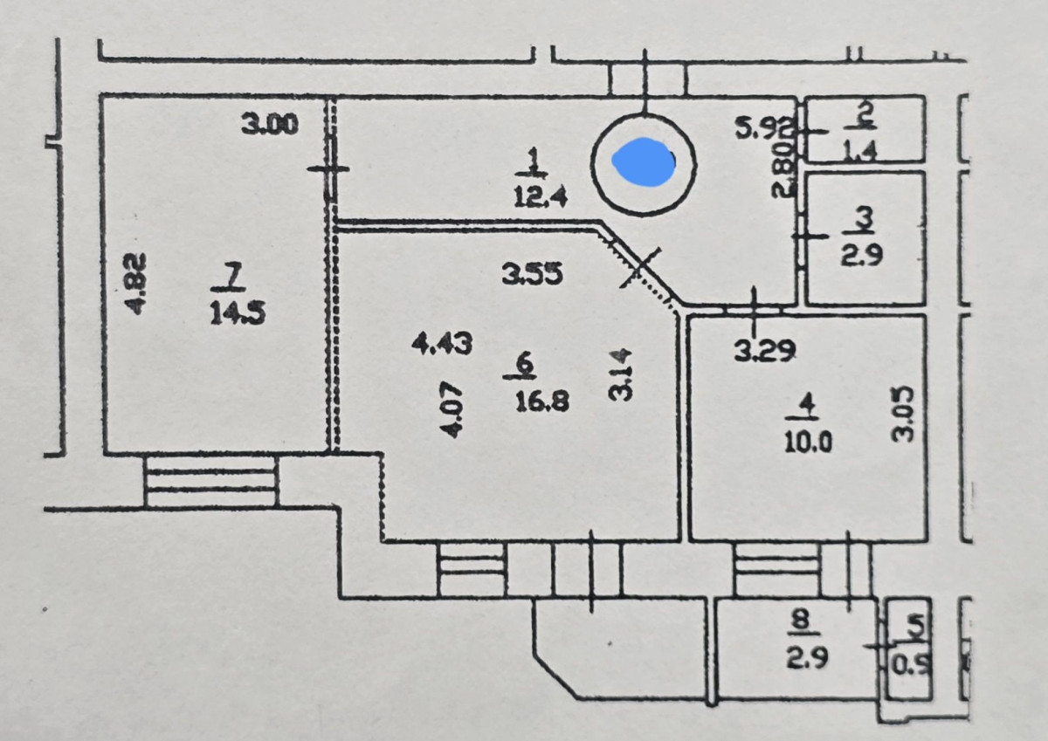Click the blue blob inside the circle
645,161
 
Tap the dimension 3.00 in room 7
270,126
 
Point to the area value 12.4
541,198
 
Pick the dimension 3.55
533,276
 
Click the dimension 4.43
442,344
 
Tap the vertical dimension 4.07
451,406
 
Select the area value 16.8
542,401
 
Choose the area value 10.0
807,442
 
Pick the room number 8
801,618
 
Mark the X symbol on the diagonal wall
640,266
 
